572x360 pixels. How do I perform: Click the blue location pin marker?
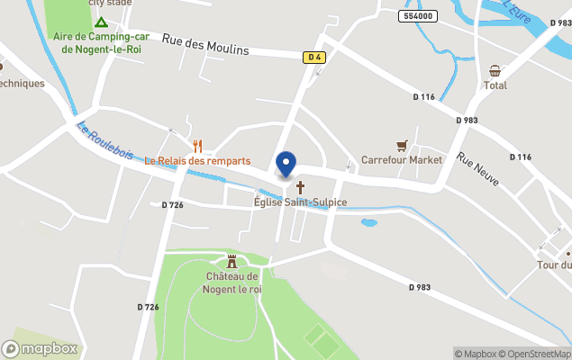tap(286, 165)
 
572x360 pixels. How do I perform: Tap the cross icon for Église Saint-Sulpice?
tap(300, 187)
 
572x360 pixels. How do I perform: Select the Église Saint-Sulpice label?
tap(300, 202)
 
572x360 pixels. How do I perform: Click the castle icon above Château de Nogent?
tap(232, 261)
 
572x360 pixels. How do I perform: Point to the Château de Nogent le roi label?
tap(232, 283)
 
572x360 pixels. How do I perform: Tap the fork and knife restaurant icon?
tap(197, 145)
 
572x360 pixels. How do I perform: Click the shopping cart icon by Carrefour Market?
tap(402, 145)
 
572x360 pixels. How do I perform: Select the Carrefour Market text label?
tap(402, 160)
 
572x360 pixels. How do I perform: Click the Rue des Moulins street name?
tap(205, 44)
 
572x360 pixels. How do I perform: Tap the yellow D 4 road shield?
tap(313, 57)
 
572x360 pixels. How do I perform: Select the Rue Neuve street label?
tap(477, 169)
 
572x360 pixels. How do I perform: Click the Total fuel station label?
tap(495, 85)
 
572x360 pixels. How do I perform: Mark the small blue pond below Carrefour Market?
tap(369, 221)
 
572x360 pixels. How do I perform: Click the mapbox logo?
tap(40, 348)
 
